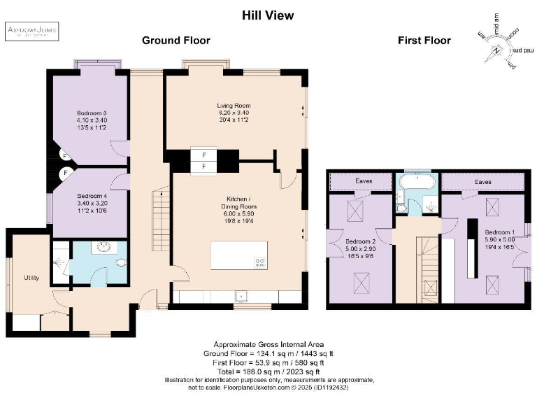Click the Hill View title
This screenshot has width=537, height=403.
pyautogui.click(x=268, y=15)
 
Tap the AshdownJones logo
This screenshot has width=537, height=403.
pyautogui.click(x=33, y=31)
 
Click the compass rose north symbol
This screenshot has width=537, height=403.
pyautogui.click(x=496, y=50)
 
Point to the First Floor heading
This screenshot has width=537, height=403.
pyautogui.click(x=424, y=41)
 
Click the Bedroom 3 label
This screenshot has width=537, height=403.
pyautogui.click(x=92, y=113)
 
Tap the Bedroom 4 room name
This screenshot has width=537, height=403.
pyautogui.click(x=91, y=195)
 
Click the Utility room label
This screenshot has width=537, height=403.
pyautogui.click(x=30, y=278)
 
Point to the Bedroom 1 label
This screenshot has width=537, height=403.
pyautogui.click(x=499, y=232)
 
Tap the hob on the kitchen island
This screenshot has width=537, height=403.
pyautogui.click(x=259, y=262)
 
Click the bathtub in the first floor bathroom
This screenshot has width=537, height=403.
pyautogui.click(x=418, y=183)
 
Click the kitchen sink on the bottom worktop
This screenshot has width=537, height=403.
pyautogui.click(x=240, y=297)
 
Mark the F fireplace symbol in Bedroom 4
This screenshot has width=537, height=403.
pyautogui.click(x=64, y=172)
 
